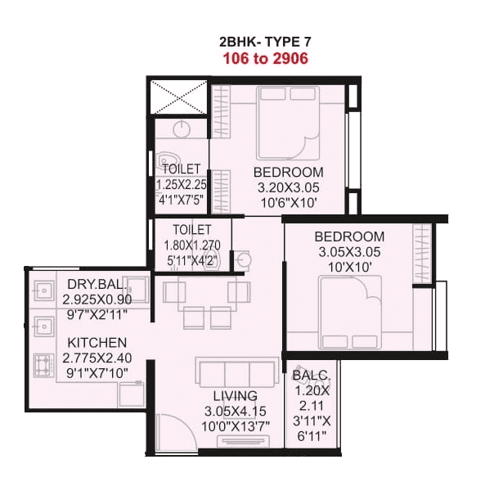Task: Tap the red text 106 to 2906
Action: point(267,58)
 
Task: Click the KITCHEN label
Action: point(97,342)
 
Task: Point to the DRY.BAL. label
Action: point(97,285)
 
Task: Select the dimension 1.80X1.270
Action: point(192,244)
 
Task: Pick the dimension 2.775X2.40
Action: point(97,358)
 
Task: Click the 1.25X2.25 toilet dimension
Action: point(182,184)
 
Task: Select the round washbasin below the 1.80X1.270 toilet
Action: point(247,260)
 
